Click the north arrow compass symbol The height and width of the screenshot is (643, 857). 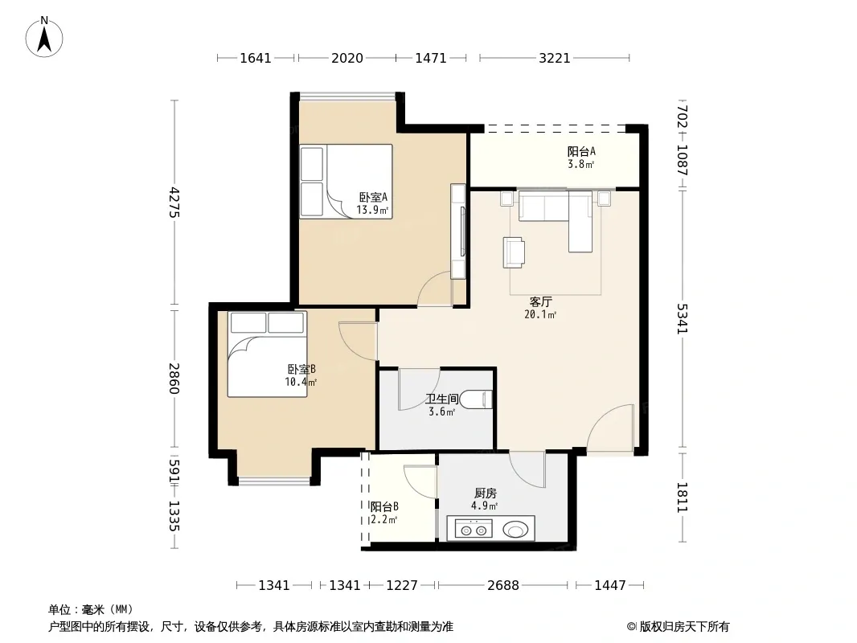[44, 37]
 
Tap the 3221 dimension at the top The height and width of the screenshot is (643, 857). [554, 58]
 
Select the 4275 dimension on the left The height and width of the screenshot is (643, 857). [174, 202]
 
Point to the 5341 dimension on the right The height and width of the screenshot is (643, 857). [682, 318]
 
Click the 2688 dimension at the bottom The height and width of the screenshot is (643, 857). [502, 585]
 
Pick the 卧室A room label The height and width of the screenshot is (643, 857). [373, 197]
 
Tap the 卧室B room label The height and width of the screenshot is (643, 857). [301, 369]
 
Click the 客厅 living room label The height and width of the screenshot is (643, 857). [540, 301]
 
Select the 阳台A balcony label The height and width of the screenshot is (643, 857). [581, 151]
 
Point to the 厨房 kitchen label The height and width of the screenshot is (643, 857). [485, 494]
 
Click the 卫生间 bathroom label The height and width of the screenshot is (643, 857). [442, 399]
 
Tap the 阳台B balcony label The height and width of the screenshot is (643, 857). [384, 506]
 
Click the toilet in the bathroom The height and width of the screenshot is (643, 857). [476, 400]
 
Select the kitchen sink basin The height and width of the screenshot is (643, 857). [515, 530]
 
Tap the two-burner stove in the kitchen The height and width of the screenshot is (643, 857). [474, 530]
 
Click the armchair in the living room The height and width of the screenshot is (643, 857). [514, 252]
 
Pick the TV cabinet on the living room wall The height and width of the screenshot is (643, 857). [458, 231]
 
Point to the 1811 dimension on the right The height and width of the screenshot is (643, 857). [682, 498]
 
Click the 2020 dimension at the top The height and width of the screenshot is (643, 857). [347, 58]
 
